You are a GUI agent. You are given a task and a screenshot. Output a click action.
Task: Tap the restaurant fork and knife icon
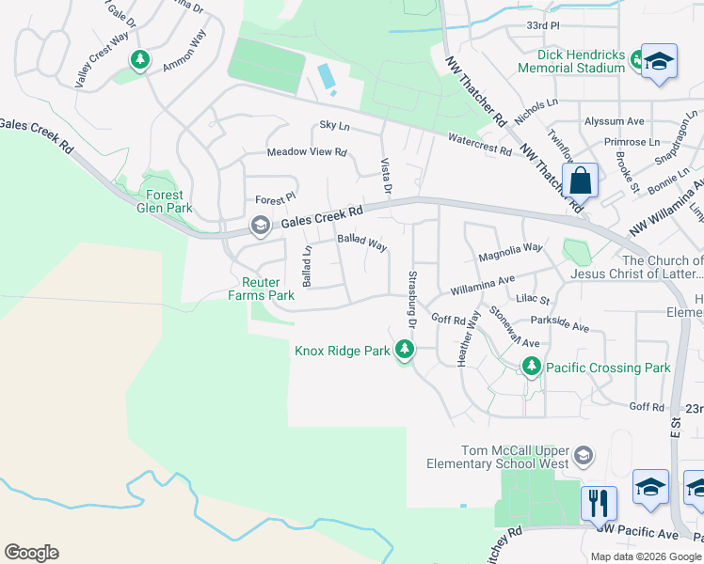(x=598, y=503)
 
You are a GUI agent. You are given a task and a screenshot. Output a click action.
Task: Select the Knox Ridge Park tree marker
(x=405, y=351)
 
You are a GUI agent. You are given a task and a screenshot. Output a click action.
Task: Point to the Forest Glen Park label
(x=165, y=202)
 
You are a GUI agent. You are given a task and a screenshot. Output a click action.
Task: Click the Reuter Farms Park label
(x=261, y=289)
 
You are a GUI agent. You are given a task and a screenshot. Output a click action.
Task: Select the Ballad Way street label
(x=362, y=243)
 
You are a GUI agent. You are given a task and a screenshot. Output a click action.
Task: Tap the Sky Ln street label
(x=334, y=125)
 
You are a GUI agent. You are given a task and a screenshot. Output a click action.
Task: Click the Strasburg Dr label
(x=412, y=299)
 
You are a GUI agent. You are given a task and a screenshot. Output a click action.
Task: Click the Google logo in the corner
(x=31, y=553)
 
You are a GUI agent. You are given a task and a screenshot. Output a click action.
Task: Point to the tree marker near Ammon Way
(x=140, y=61)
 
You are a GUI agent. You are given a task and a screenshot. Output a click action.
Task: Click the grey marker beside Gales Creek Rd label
(x=259, y=226)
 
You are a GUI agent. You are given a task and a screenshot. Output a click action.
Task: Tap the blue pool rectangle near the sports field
(x=327, y=76)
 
